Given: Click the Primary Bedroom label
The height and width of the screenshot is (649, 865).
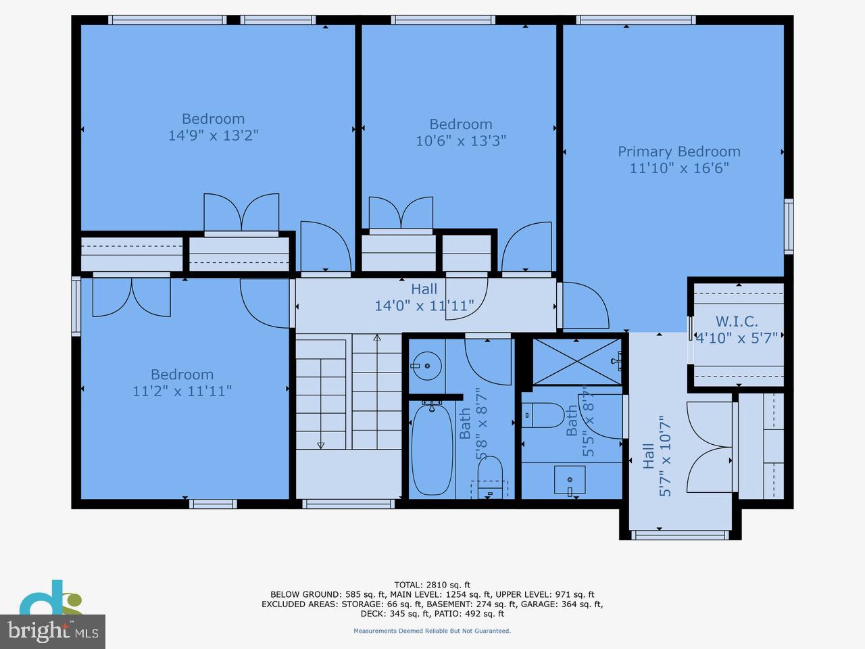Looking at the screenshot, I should pyautogui.click(x=678, y=151).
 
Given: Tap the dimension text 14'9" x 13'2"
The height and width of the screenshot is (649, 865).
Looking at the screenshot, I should pyautogui.click(x=213, y=135).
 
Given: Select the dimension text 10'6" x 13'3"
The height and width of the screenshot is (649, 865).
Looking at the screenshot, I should pyautogui.click(x=460, y=141).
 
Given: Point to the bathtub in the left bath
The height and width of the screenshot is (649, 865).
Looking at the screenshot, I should pyautogui.click(x=432, y=448).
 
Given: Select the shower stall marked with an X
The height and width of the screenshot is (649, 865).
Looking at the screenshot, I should pyautogui.click(x=576, y=361).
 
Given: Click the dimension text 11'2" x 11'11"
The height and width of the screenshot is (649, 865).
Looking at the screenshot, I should pyautogui.click(x=182, y=391).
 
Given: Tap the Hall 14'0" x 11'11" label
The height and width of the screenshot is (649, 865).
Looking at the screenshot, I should pyautogui.click(x=424, y=297).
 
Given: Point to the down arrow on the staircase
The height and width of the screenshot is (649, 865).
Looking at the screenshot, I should pyautogui.click(x=320, y=444).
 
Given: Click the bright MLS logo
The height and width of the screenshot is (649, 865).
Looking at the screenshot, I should pyautogui.click(x=52, y=631).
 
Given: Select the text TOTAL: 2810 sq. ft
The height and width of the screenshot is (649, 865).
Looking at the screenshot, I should pyautogui.click(x=432, y=585).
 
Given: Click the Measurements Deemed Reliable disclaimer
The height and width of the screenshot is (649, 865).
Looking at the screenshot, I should pyautogui.click(x=432, y=631).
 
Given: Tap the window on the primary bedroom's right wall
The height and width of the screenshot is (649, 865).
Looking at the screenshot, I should pyautogui.click(x=788, y=226).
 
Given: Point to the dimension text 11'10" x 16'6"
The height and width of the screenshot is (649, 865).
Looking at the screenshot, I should pyautogui.click(x=678, y=168).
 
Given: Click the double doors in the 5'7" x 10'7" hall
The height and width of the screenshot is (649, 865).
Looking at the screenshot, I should pyautogui.click(x=710, y=447).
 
